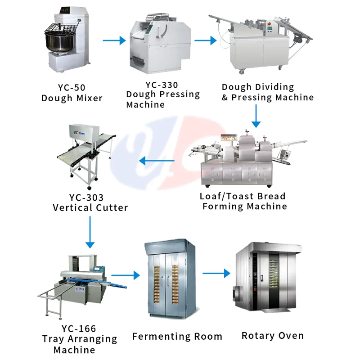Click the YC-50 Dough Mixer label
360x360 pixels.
click(x=72, y=93)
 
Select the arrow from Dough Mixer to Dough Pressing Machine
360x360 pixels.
click(x=114, y=40)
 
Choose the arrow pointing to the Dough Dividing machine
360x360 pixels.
click(x=205, y=40)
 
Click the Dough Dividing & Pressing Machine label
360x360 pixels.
click(x=267, y=92)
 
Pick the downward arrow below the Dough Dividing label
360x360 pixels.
click(x=256, y=117)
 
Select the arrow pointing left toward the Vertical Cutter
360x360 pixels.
click(x=156, y=160)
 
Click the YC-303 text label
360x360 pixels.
click(x=86, y=198)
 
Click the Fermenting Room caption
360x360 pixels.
click(x=177, y=336)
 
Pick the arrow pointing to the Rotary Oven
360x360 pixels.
click(x=216, y=273)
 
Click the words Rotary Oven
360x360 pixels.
click(x=273, y=335)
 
